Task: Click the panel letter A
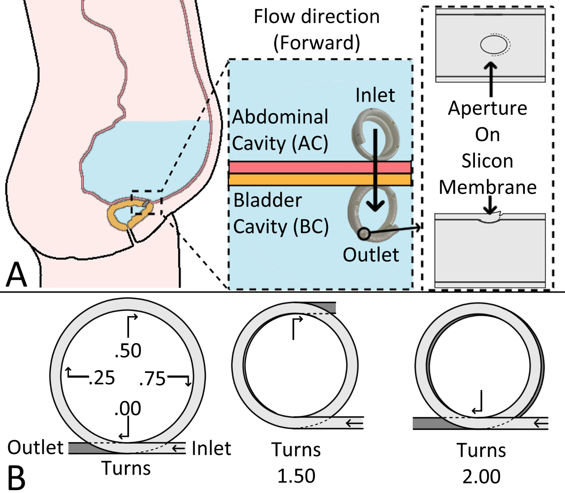[16, 275]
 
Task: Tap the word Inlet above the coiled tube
[375, 95]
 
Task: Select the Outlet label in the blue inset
[371, 255]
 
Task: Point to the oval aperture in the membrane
[494, 45]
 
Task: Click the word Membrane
[488, 187]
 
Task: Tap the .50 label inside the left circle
[128, 351]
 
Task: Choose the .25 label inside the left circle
[102, 378]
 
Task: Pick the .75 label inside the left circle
[152, 378]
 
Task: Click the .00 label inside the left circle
[128, 408]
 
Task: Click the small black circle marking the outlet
[364, 234]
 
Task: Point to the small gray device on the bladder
[145, 204]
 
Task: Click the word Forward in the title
[317, 43]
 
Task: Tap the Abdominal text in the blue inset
[280, 117]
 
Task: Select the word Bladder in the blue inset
[268, 200]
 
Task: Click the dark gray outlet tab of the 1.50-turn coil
[320, 308]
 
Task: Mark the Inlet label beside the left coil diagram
[211, 448]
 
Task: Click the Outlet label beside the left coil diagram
[35, 447]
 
